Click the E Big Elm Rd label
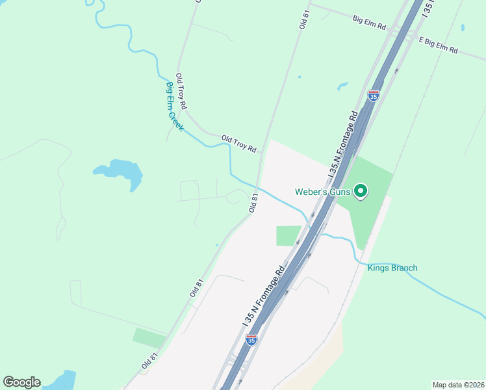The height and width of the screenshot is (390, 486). (439, 45)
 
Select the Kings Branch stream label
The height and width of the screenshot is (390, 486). (392, 268)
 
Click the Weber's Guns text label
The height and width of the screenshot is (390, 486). (322, 192)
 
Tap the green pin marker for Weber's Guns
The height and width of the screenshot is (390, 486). (361, 192)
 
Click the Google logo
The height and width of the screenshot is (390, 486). (21, 382)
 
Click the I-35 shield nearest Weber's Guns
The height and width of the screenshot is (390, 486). (373, 96)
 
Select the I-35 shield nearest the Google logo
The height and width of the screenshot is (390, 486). (251, 339)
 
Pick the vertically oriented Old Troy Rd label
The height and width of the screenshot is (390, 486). (181, 91)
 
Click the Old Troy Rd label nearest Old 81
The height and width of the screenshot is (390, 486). (238, 144)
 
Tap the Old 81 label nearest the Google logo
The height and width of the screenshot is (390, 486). (149, 362)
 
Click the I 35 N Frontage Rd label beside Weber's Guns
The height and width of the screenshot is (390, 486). (344, 145)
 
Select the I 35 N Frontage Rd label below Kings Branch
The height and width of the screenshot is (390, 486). (263, 296)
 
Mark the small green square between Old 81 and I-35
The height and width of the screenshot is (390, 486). (288, 235)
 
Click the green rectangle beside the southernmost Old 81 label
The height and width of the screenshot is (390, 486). (149, 337)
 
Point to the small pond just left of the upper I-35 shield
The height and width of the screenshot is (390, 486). (342, 86)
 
